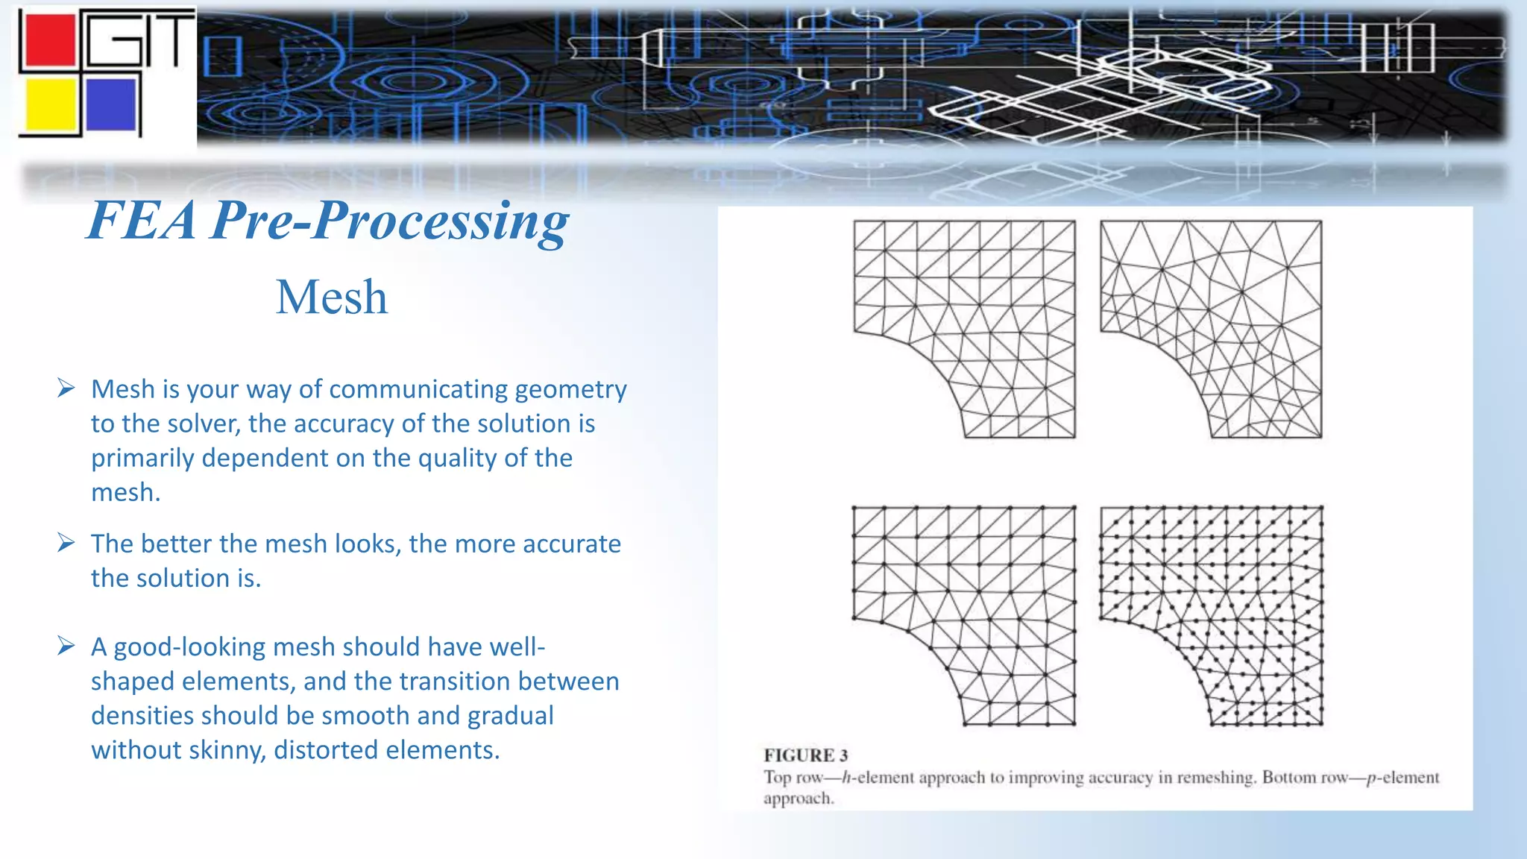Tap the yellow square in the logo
click(51, 105)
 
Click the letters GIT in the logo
click(138, 41)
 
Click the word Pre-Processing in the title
click(389, 221)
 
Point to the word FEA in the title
click(142, 221)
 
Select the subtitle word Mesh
click(332, 298)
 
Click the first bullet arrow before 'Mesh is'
click(66, 388)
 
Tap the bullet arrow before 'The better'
click(66, 543)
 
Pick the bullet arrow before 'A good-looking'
click(66, 646)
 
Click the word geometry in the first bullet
click(570, 390)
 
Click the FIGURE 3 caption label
click(805, 755)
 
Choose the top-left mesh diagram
click(964, 329)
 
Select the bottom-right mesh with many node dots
click(1211, 616)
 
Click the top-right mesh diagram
click(1211, 329)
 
